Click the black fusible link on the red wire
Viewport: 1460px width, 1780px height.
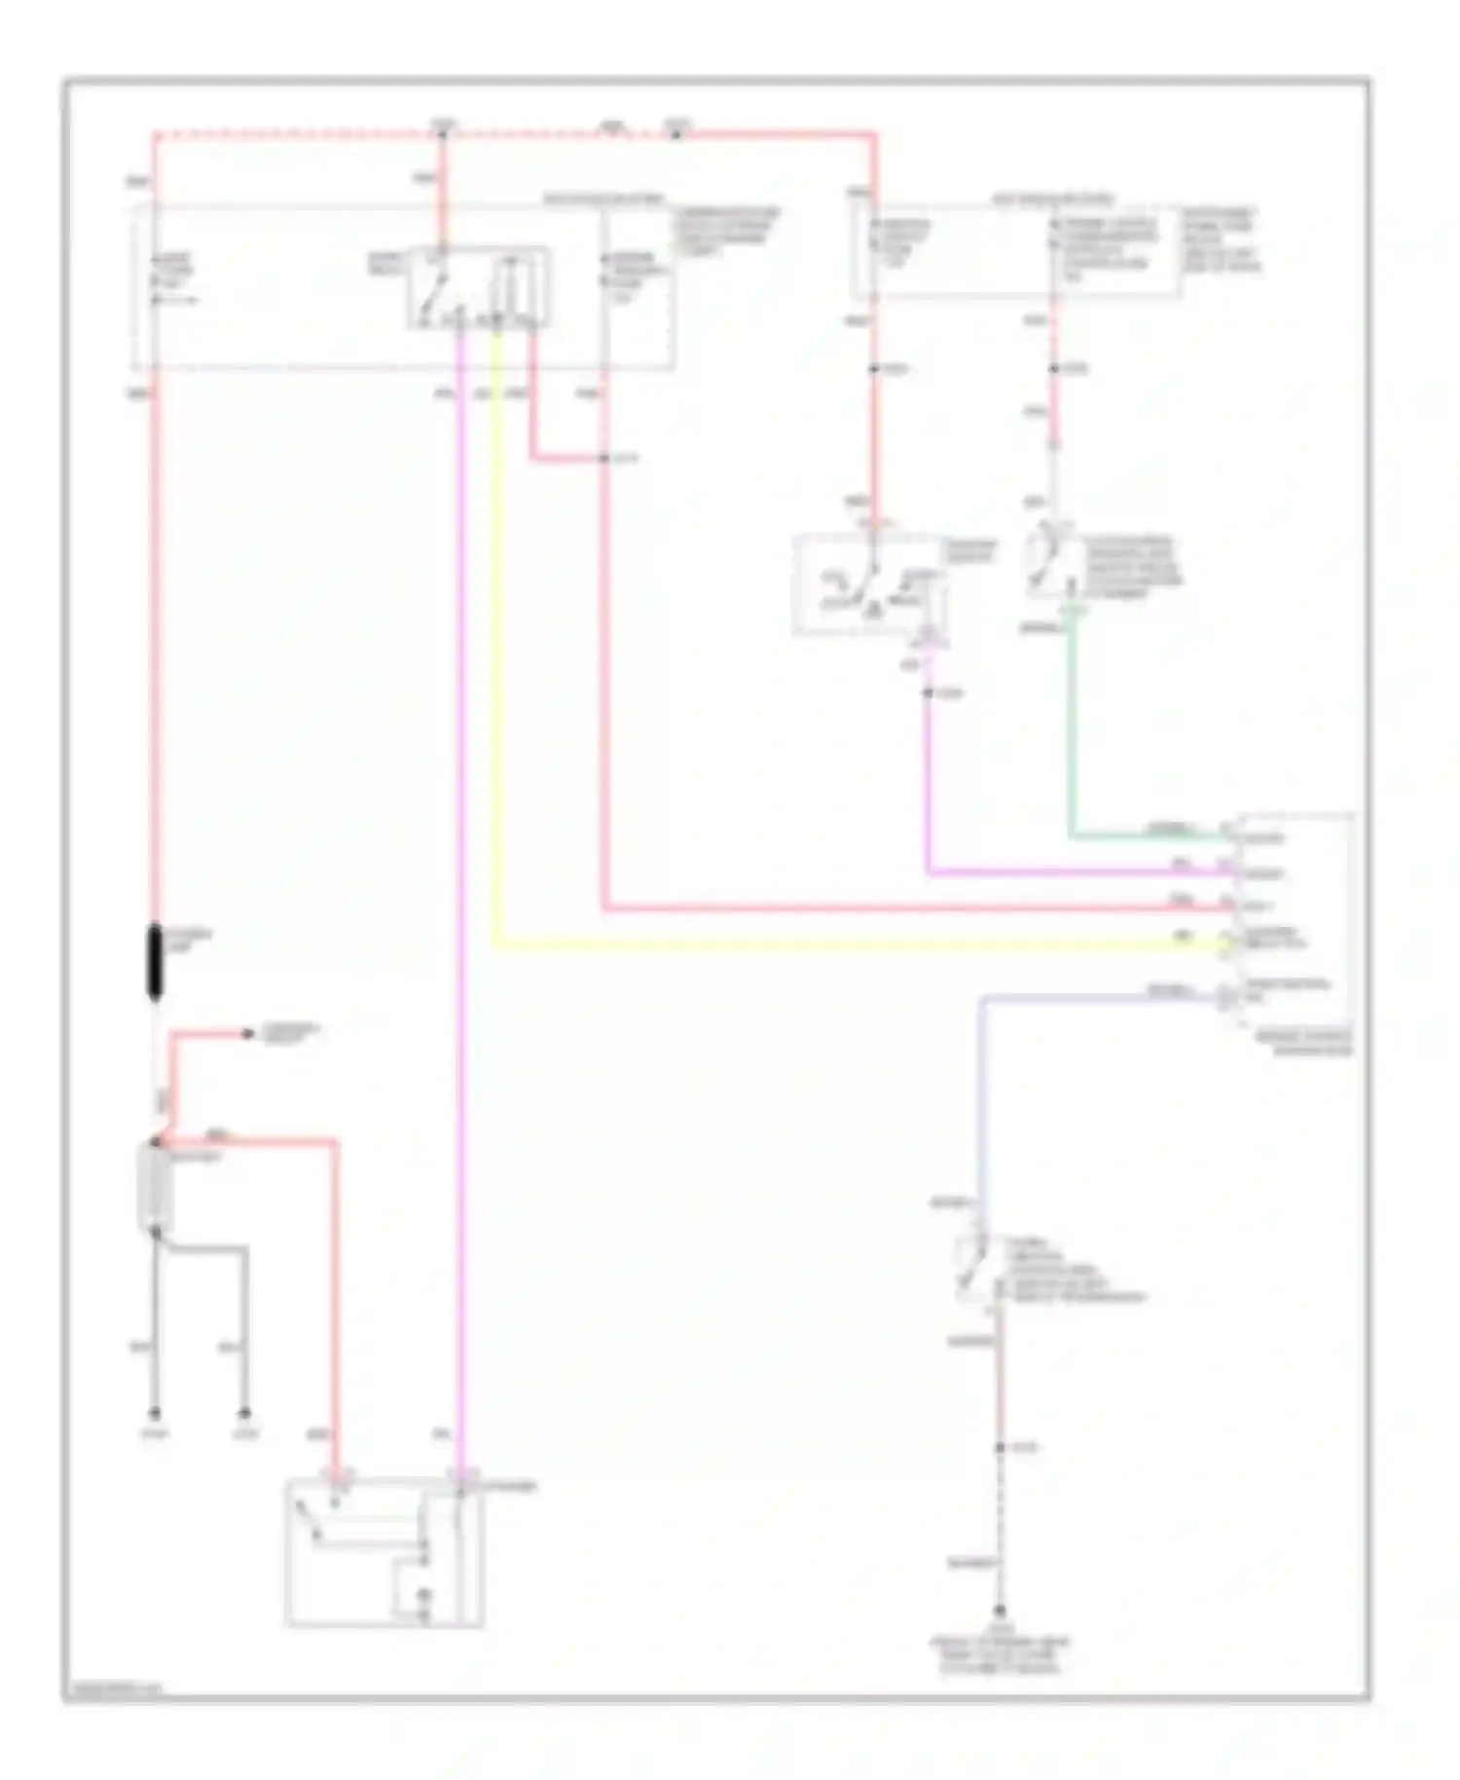click(155, 963)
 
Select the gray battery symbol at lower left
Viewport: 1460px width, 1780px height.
click(155, 1186)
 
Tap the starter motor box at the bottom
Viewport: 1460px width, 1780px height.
click(385, 1552)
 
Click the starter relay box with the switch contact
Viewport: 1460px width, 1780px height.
click(478, 287)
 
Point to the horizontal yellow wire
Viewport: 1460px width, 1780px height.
click(827, 945)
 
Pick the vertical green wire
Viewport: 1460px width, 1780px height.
click(1071, 740)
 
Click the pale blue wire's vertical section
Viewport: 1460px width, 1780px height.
click(982, 1100)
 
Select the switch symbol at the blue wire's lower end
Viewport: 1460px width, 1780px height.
click(973, 1266)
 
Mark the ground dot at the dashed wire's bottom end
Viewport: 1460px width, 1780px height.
click(999, 1612)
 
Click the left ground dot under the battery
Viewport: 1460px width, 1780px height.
click(154, 1413)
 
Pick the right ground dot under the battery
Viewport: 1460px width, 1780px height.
click(245, 1413)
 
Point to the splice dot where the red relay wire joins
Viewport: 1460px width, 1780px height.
click(604, 458)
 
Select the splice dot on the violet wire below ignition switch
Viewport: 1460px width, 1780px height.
click(928, 692)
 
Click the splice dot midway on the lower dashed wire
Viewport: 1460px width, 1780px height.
click(999, 1448)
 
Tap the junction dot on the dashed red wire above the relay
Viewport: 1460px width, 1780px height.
click(443, 132)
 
